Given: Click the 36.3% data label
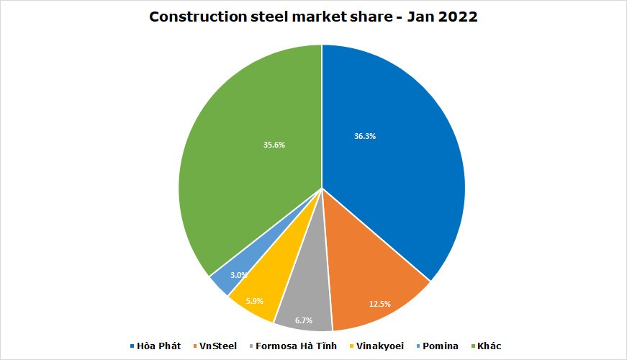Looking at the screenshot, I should click(x=365, y=136).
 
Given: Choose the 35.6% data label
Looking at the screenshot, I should click(x=274, y=145).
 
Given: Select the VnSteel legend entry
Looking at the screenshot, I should click(x=218, y=346).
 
